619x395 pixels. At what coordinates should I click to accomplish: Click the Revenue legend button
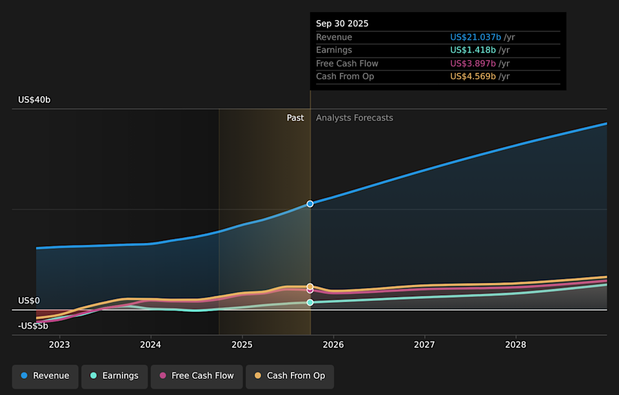pos(45,376)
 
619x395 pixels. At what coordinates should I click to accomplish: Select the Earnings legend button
pos(114,376)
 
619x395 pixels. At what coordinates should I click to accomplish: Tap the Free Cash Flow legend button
pos(197,376)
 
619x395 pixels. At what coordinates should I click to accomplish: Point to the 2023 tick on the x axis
pos(59,345)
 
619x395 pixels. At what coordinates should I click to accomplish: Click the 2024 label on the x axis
pos(150,345)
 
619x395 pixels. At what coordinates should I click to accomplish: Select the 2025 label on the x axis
pos(242,345)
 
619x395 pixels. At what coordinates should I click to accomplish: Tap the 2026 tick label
pos(333,345)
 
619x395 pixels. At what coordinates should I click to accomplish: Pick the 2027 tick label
pos(424,345)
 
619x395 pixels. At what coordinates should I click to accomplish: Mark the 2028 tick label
pos(515,345)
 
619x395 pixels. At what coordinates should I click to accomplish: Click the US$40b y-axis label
pos(34,100)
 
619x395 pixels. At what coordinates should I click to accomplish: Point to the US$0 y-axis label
pos(29,301)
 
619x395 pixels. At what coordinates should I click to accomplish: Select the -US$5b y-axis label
pos(33,326)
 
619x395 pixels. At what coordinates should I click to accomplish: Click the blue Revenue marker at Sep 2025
pos(310,204)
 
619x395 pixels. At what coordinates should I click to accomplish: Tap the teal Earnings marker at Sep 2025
pos(310,302)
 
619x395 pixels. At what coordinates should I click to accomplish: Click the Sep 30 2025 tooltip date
pos(342,24)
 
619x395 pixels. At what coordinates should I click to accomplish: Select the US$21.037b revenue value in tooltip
pos(476,37)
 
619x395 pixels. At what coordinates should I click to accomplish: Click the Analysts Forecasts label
pos(354,118)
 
